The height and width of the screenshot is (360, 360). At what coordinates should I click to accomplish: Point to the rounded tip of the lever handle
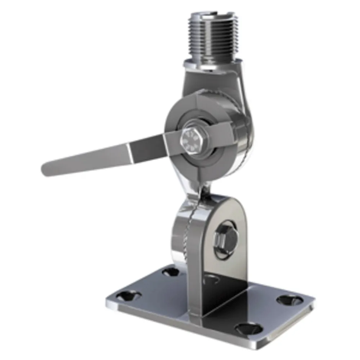tap(47, 169)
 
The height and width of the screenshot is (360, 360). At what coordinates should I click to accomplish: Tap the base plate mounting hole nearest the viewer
tap(248, 328)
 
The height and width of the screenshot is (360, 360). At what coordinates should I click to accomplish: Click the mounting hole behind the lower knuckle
tap(170, 271)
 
